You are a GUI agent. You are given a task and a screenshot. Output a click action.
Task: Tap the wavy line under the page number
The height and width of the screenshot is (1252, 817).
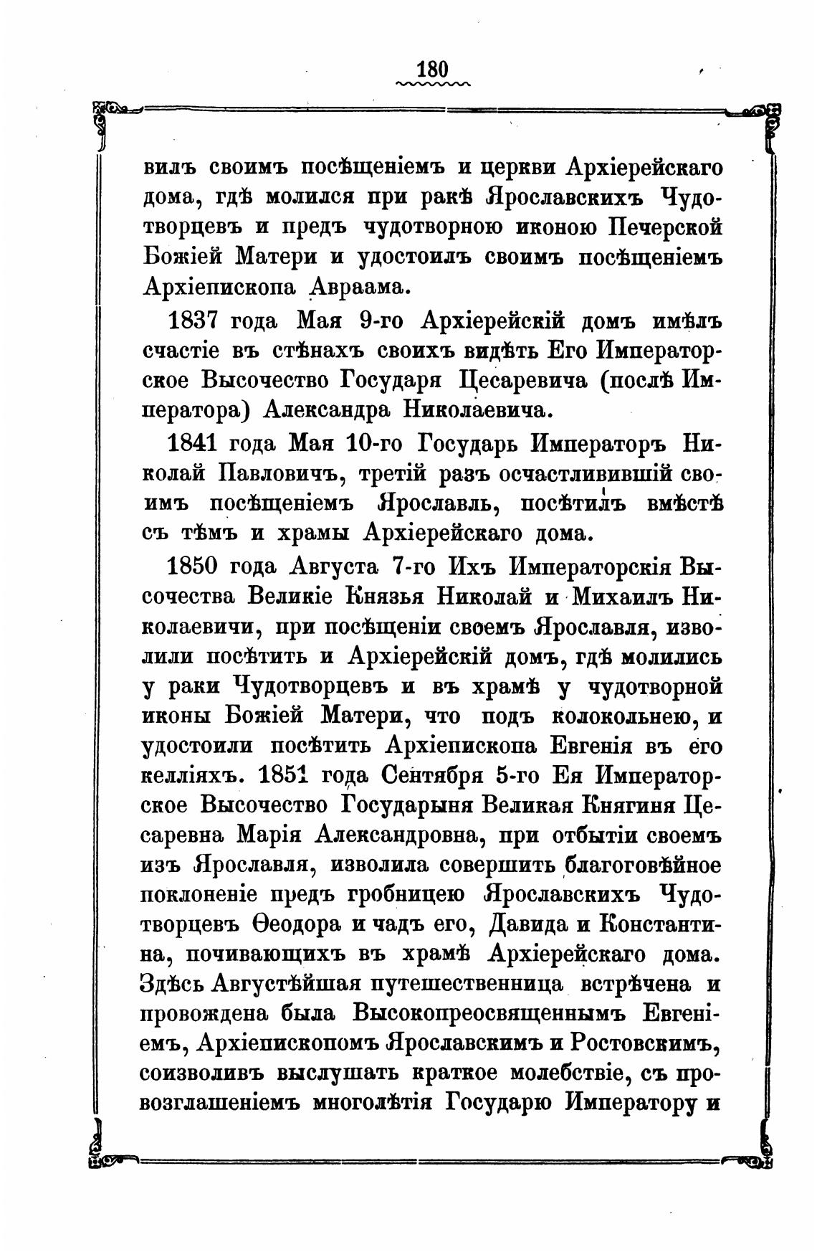432,85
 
